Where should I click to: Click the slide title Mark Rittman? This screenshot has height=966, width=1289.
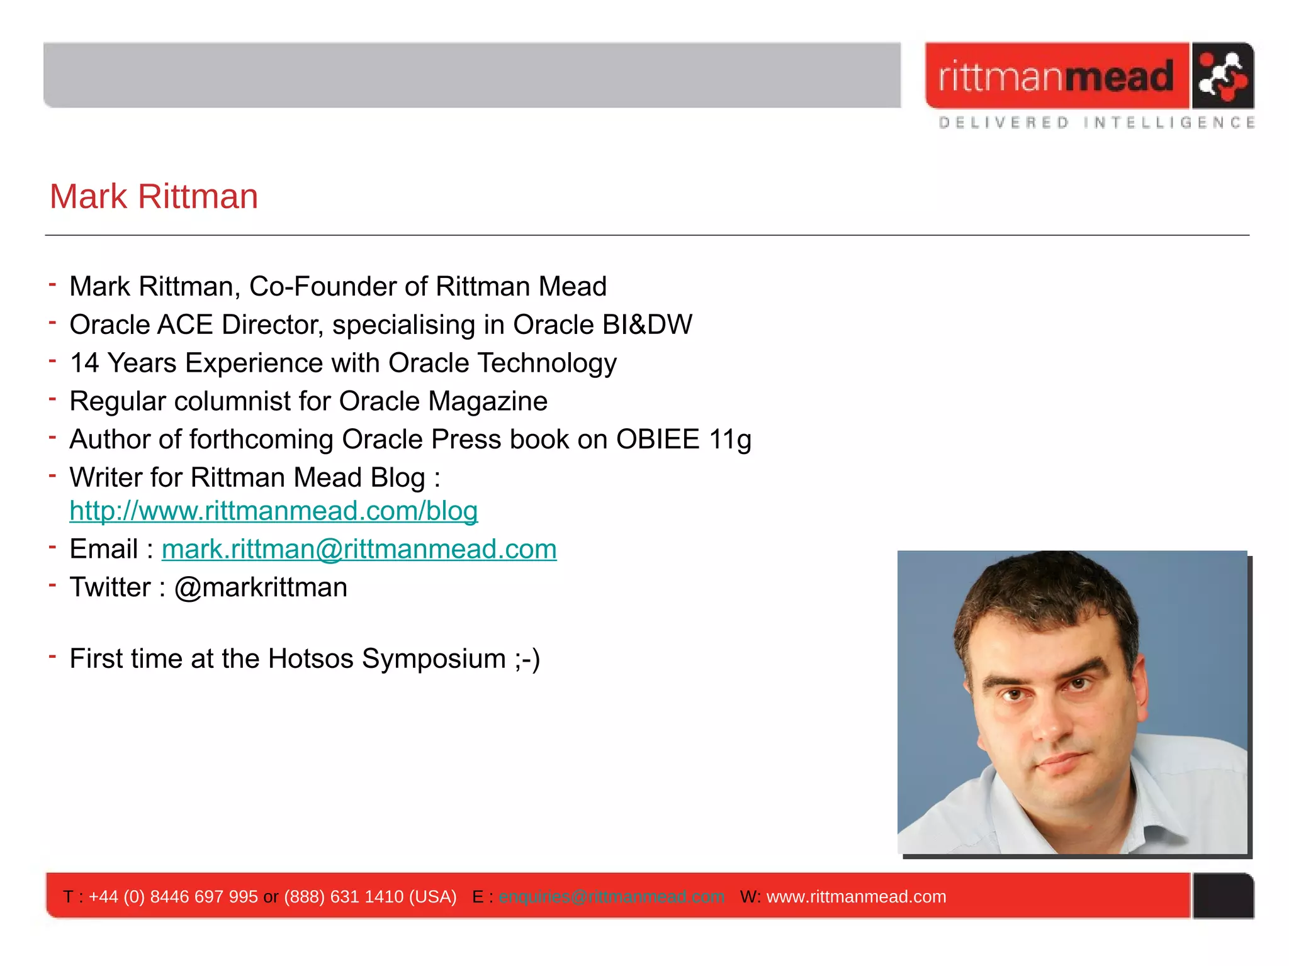coord(154,196)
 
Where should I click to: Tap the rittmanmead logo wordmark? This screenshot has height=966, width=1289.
coord(1055,77)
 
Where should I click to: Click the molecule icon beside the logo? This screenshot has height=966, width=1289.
coord(1222,76)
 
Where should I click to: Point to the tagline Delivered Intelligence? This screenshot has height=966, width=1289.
coord(1096,123)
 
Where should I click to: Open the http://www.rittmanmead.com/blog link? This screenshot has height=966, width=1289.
coord(273,511)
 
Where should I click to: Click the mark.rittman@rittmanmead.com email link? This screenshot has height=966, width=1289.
coord(359,549)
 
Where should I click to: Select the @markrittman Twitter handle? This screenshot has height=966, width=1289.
coord(261,587)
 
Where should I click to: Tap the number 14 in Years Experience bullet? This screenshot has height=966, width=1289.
coord(84,364)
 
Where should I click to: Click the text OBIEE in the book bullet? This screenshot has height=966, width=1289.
coord(657,440)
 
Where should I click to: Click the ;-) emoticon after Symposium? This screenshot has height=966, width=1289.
coord(527,659)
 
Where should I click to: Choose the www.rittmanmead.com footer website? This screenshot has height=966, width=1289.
coord(856,896)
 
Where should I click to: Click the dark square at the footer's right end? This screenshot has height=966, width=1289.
coord(1223,896)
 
